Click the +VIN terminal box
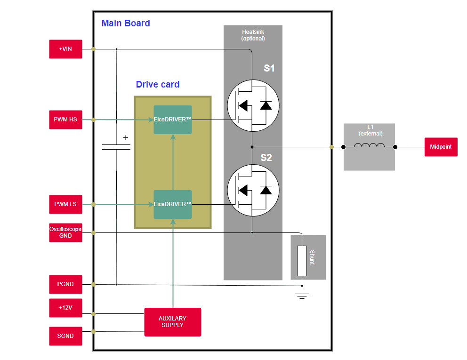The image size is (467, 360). coord(65,49)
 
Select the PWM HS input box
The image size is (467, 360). coord(65,120)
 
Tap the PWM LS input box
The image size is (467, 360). coord(65,204)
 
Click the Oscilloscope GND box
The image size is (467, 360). coord(65,232)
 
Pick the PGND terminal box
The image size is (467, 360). coord(65,284)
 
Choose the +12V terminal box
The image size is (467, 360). coord(65,308)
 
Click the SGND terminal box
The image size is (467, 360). coord(65,336)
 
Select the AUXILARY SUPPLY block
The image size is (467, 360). coord(172,322)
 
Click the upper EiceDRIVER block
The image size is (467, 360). coord(173,120)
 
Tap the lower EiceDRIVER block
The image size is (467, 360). coord(173,204)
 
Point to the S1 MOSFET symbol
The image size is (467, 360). coord(253,105)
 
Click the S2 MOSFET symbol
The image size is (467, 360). coord(253,190)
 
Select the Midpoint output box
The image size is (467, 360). coord(441,147)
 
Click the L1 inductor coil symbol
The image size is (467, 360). coord(369,146)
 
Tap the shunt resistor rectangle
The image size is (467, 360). coord(302,261)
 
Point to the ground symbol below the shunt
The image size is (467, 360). coord(302,296)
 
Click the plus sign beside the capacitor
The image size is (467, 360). coord(126,138)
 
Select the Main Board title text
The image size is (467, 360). coord(126,23)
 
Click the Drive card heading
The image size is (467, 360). coord(158,85)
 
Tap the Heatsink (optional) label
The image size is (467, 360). coord(253,35)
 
